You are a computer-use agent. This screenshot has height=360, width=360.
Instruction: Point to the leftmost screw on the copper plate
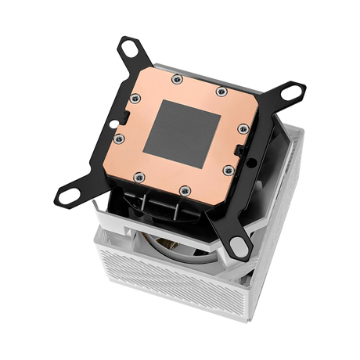pos(119,139)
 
